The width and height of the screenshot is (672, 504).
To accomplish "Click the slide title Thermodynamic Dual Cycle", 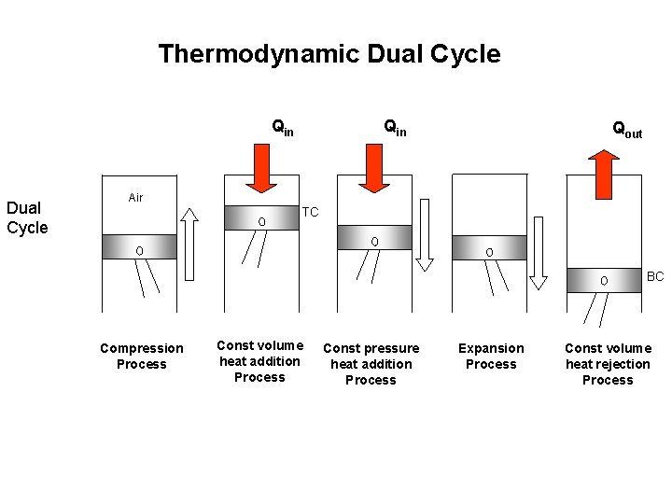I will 329,54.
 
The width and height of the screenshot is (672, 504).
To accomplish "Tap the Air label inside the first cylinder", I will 135,198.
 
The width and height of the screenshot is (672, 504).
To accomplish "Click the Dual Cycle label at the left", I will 27,217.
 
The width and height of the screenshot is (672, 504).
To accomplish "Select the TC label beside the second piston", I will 311,213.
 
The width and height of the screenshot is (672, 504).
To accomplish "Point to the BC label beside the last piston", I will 655,276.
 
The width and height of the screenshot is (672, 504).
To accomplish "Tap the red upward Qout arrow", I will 606,175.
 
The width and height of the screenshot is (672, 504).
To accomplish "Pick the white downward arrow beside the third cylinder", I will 425,234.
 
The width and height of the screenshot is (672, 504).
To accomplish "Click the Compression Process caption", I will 142,356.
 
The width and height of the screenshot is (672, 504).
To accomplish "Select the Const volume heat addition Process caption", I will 259,361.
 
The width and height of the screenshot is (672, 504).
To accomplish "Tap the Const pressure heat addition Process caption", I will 371,364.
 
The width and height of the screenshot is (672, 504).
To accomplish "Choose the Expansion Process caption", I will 491,356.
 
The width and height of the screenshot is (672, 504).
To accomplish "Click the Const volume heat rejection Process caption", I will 608,364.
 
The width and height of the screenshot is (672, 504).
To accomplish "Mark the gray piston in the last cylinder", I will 604,279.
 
